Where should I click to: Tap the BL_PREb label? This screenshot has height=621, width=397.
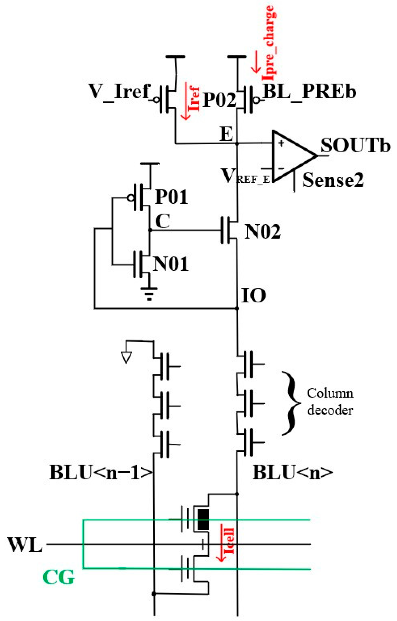tap(309, 92)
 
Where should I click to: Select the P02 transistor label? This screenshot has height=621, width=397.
tap(219, 100)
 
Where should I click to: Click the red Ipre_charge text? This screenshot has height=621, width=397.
tap(269, 43)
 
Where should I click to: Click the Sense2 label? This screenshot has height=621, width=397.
tap(333, 180)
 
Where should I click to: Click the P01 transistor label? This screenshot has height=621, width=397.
tap(172, 197)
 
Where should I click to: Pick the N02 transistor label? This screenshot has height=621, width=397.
tap(262, 232)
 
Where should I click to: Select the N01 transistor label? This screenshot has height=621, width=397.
tap(171, 264)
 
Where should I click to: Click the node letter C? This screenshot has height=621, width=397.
tap(162, 221)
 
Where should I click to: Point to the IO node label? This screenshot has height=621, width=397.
tap(254, 296)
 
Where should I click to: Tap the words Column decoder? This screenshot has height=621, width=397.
tap(330, 402)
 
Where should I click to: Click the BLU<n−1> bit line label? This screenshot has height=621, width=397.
tap(101, 473)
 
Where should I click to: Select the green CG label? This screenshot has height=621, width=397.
tap(59, 577)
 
